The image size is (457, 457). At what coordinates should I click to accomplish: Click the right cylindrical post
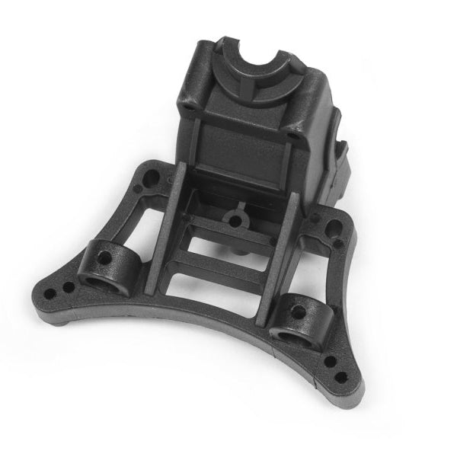click(299, 316)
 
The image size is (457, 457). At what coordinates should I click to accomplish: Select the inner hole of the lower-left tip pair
click(68, 287)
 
